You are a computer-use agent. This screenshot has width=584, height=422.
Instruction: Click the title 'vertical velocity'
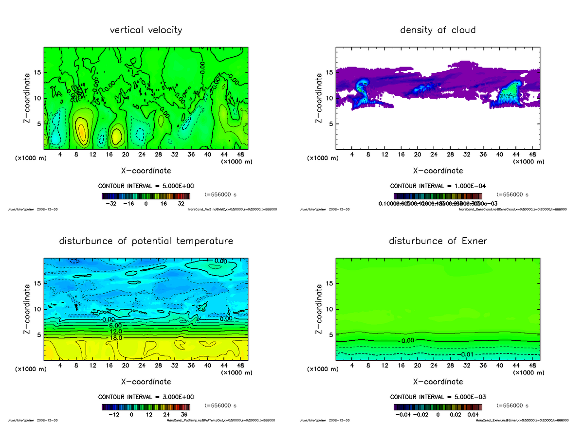click(146, 30)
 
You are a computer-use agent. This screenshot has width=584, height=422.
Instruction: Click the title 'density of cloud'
click(438, 30)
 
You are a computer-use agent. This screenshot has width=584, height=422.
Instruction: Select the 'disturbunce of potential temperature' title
click(146, 241)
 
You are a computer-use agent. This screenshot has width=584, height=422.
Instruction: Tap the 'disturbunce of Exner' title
click(438, 241)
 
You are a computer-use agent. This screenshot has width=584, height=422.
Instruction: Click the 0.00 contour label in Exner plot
click(408, 341)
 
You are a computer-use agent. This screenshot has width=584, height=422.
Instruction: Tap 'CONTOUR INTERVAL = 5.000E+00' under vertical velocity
click(146, 186)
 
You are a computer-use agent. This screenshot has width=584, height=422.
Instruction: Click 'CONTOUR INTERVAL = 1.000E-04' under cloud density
click(438, 186)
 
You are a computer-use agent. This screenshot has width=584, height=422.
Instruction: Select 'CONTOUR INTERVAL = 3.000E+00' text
click(146, 397)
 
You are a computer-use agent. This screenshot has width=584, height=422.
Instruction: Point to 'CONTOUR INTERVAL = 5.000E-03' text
click(438, 397)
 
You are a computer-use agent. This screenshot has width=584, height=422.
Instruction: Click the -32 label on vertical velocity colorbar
click(113, 204)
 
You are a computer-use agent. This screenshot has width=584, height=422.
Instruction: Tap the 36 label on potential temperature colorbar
click(184, 415)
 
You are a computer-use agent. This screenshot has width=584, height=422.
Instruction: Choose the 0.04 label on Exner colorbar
click(473, 415)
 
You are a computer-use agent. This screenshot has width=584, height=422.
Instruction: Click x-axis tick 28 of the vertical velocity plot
click(158, 155)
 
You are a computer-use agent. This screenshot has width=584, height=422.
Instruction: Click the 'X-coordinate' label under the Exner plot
click(438, 382)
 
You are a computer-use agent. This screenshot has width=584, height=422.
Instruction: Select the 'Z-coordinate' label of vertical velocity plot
click(28, 98)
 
